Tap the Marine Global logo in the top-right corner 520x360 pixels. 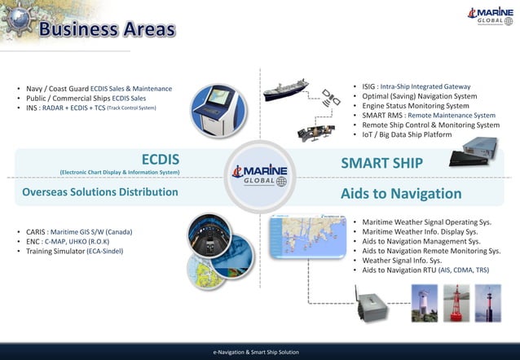click(489, 15)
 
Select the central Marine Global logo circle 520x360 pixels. click(259, 176)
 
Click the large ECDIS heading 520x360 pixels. click(161, 160)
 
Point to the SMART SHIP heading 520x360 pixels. click(381, 163)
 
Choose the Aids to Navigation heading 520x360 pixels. click(401, 193)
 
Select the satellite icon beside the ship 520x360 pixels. click(330, 99)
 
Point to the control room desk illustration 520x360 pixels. click(314, 130)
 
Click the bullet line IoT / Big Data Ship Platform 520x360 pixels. click(407, 134)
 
